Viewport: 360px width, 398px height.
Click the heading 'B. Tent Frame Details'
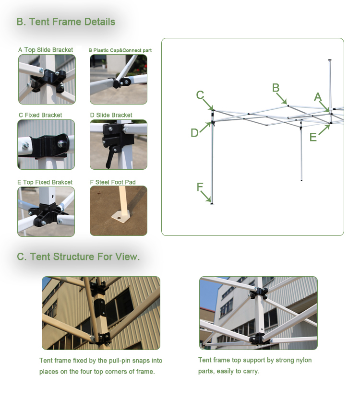66,22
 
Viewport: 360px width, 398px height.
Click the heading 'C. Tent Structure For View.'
78,257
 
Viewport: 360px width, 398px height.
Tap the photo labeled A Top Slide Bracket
47,79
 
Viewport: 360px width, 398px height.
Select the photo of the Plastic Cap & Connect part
118,79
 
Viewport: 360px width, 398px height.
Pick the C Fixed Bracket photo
46,144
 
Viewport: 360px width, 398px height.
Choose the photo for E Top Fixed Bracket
46,211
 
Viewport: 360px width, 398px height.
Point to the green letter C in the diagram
200,95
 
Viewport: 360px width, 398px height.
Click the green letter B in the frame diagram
276,88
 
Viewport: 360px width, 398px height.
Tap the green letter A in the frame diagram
317,97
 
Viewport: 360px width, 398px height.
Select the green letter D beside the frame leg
194,133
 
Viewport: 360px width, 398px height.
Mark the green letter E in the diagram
313,138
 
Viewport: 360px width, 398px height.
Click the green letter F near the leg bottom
200,187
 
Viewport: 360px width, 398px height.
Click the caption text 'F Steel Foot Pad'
112,182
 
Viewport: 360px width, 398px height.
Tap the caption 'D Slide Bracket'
111,115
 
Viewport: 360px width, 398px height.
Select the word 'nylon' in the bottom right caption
303,360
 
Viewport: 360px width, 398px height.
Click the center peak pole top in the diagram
329,61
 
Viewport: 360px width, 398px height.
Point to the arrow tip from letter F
211,202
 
